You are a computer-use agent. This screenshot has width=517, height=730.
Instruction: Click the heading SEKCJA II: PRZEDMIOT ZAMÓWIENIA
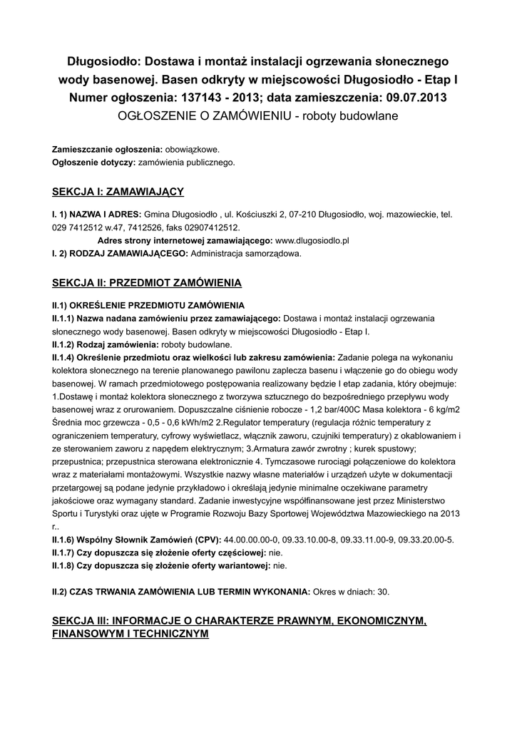(x=147, y=282)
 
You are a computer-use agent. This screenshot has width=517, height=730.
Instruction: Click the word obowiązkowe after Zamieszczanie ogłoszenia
(x=193, y=150)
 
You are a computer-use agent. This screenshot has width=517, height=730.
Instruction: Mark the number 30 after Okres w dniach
(x=383, y=592)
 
